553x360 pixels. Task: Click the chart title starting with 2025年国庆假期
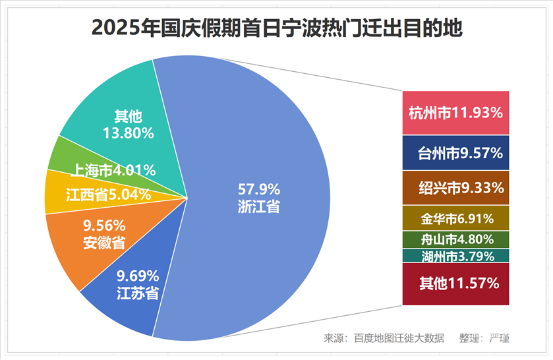pyautogui.click(x=277, y=28)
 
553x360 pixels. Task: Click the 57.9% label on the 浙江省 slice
pyautogui.click(x=259, y=188)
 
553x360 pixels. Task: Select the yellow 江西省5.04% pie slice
pyautogui.click(x=109, y=195)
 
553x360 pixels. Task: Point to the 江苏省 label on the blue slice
pyautogui.click(x=137, y=293)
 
